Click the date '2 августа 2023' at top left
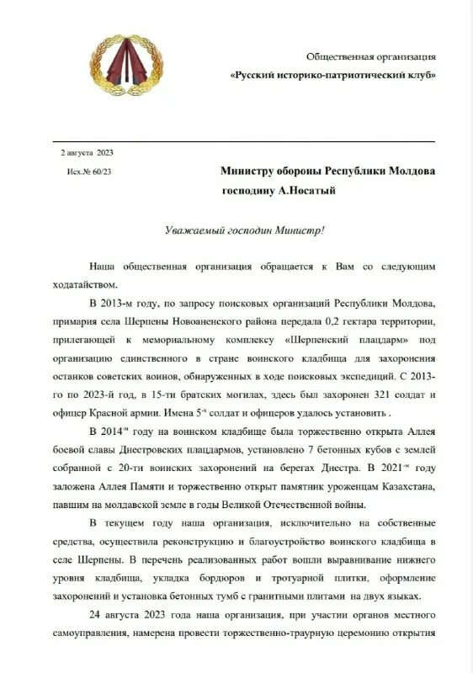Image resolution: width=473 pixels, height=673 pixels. [87, 152]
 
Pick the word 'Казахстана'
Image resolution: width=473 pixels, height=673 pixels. [400, 487]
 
